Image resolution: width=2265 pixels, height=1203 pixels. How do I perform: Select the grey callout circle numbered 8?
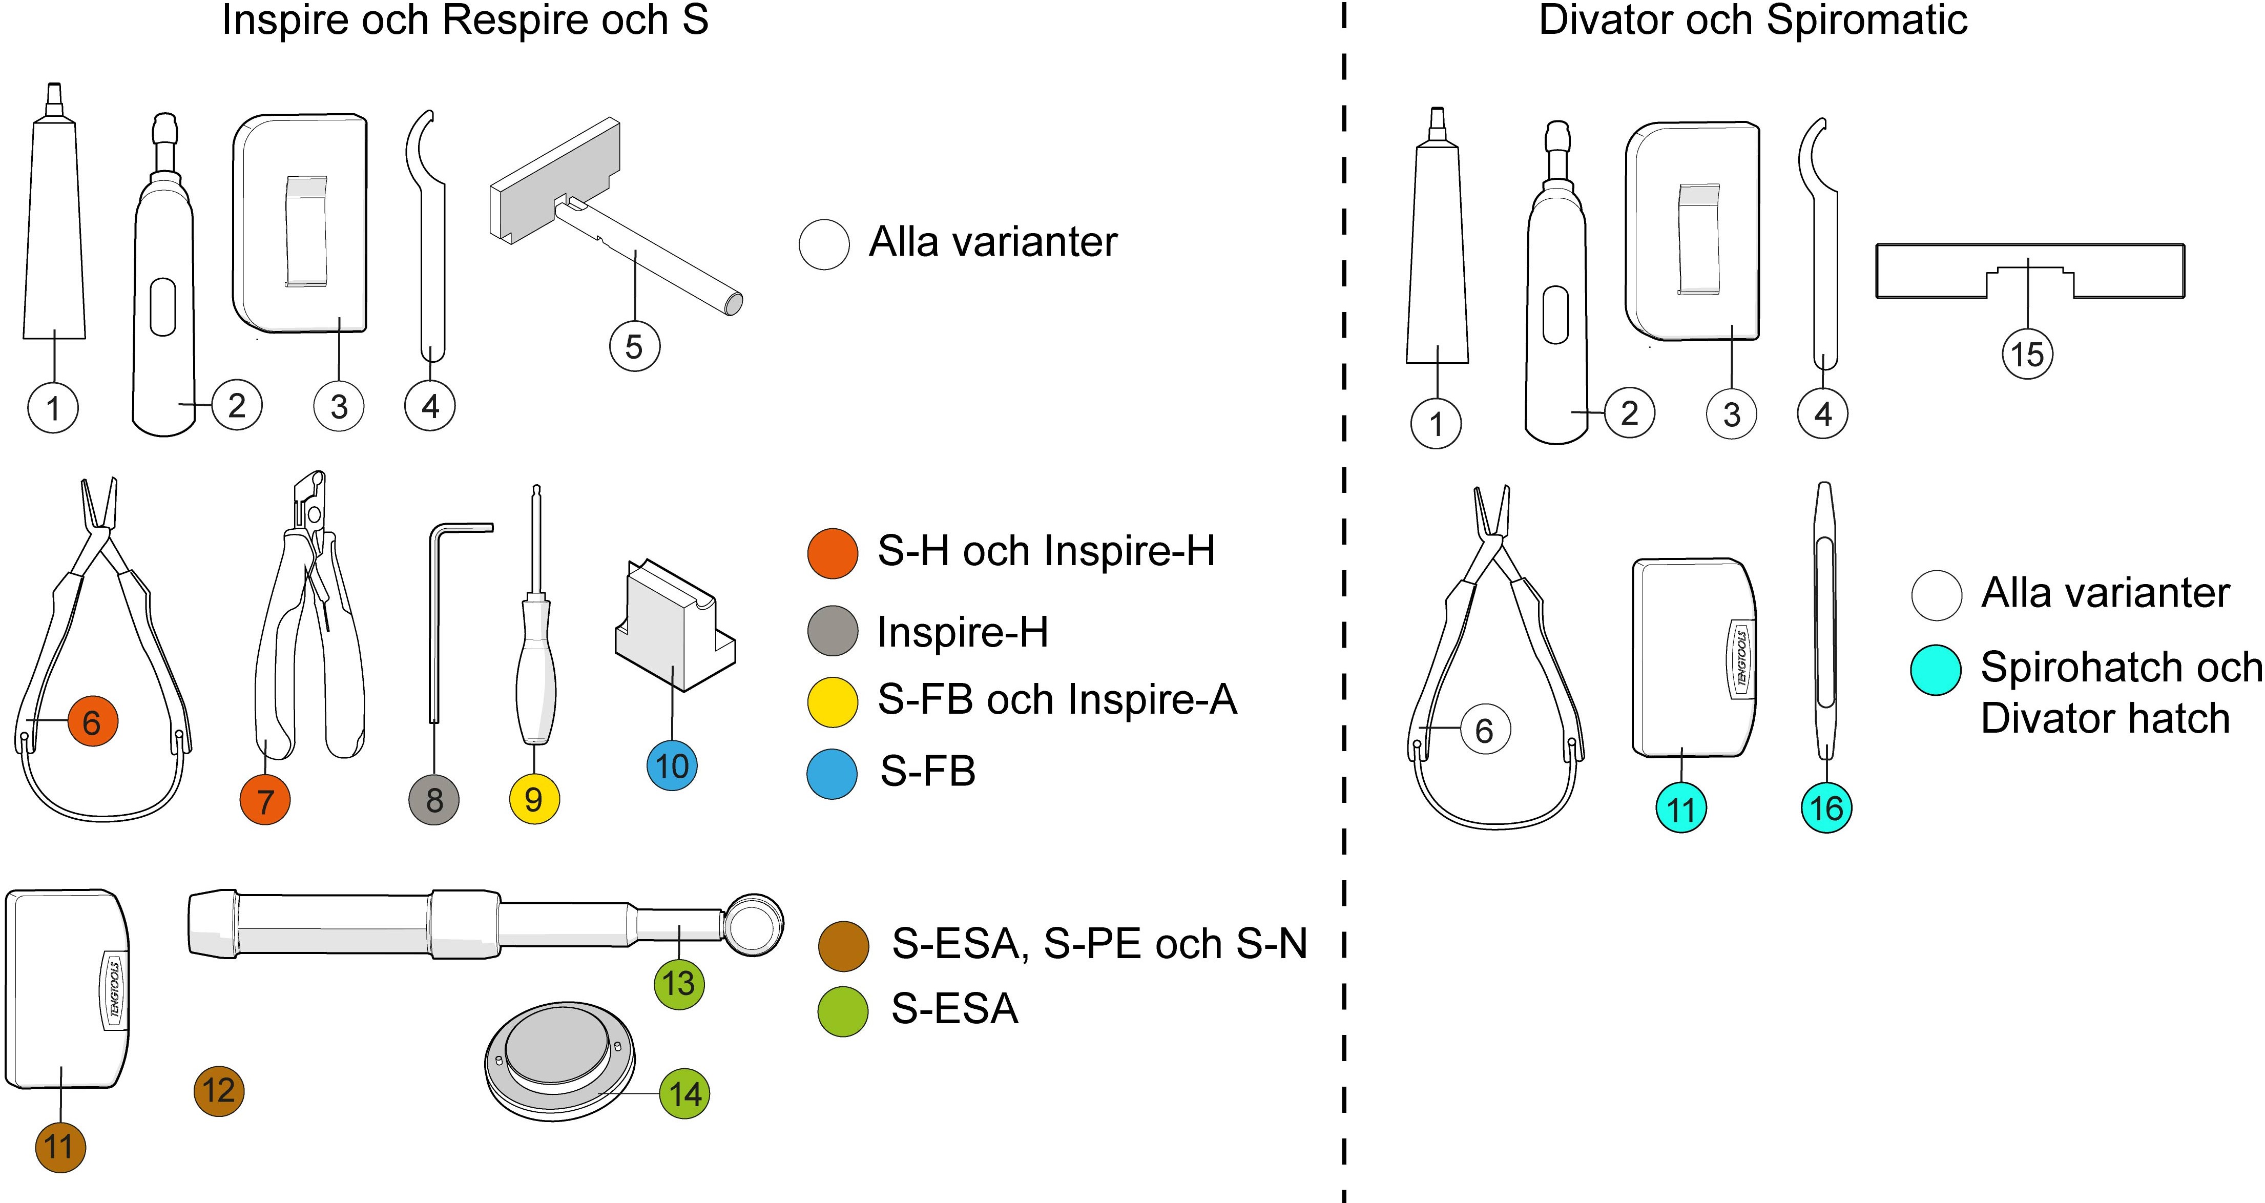(x=434, y=800)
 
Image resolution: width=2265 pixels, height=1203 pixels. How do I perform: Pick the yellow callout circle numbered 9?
(x=534, y=799)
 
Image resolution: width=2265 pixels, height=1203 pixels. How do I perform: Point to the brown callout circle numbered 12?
(x=218, y=1091)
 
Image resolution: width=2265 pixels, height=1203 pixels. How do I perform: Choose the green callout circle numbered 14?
(x=685, y=1094)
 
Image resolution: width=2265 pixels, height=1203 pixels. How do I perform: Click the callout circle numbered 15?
(x=2028, y=355)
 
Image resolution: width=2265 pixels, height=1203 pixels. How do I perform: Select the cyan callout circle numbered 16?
(x=1826, y=807)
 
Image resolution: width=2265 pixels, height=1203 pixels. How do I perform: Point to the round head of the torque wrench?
(x=754, y=924)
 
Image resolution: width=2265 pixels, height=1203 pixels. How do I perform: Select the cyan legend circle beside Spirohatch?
(x=1936, y=670)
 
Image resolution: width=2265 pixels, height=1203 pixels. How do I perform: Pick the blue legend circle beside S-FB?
(x=832, y=774)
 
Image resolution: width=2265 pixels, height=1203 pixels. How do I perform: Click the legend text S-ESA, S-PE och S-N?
(x=1099, y=944)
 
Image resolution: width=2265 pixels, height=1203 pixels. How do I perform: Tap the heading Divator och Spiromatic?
(x=1752, y=21)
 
